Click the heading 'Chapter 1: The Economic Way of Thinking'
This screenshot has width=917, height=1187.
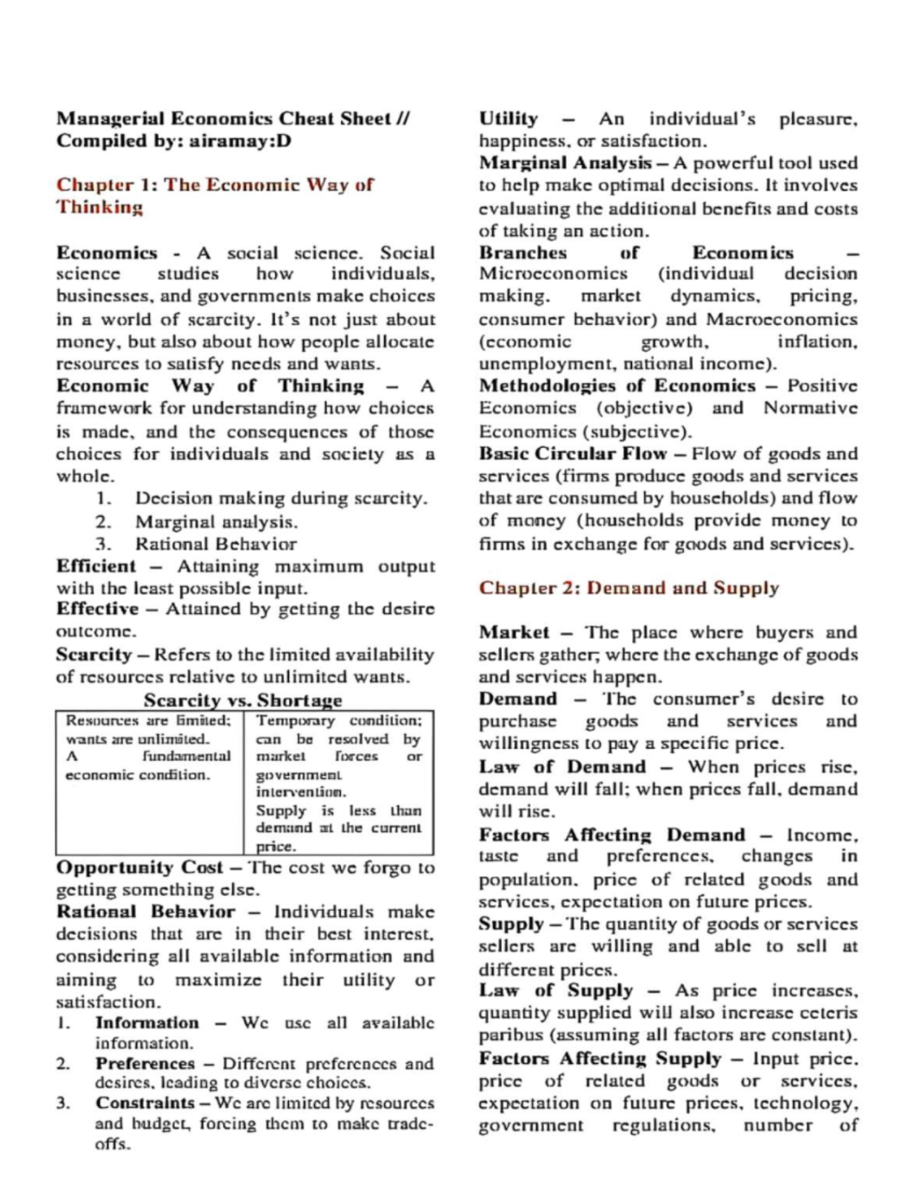(215, 196)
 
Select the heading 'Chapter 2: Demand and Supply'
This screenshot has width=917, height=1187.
(628, 588)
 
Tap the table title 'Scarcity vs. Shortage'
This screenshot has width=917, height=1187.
(243, 699)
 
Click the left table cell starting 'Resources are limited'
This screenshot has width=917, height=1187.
(148, 748)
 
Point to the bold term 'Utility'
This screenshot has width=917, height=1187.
(508, 118)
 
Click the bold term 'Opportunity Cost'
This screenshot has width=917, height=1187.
(139, 868)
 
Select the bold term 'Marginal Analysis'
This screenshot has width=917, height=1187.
(565, 163)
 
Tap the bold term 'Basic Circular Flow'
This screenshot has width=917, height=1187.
(572, 453)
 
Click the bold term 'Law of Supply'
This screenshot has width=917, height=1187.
(556, 991)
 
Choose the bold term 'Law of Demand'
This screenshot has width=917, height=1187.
(562, 767)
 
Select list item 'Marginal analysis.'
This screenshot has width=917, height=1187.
(216, 522)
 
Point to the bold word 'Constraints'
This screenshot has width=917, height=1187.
(144, 1103)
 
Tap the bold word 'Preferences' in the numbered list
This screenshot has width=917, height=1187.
(144, 1063)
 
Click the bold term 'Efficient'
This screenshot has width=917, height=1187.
(96, 566)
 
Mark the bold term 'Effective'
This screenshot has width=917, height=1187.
(97, 609)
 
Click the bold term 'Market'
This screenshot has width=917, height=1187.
(514, 632)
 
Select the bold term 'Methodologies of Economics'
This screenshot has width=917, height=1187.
(617, 386)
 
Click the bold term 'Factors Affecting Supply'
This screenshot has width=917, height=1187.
(599, 1059)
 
